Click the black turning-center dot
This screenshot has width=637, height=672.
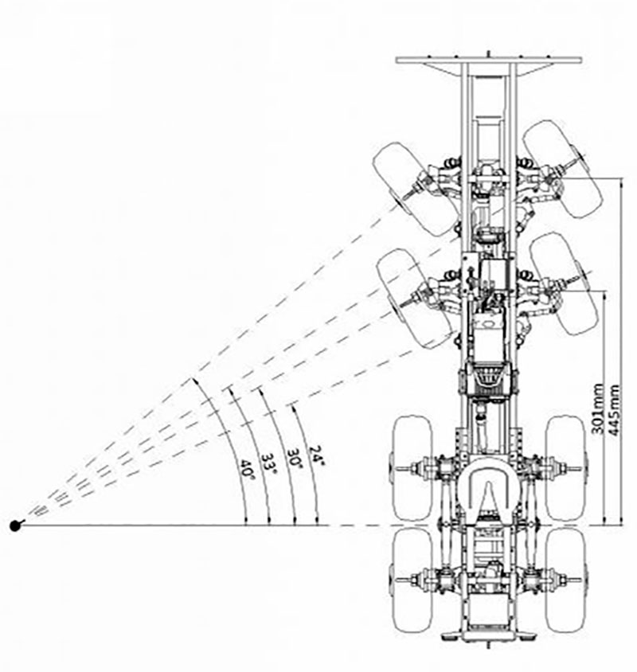pyautogui.click(x=15, y=525)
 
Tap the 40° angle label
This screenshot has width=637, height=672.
pyautogui.click(x=247, y=470)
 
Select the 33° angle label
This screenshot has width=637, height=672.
pyautogui.click(x=269, y=463)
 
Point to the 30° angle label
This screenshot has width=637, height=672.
pyautogui.click(x=295, y=459)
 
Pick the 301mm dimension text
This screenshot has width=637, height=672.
pyautogui.click(x=599, y=409)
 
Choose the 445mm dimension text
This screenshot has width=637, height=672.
pyautogui.click(x=613, y=410)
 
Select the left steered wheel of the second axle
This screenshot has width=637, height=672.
pyautogui.click(x=414, y=298)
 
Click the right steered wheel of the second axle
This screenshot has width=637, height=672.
pyautogui.click(x=564, y=283)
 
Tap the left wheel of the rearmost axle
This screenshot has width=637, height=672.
pyautogui.click(x=413, y=580)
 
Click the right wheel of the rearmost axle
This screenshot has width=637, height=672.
pyautogui.click(x=565, y=580)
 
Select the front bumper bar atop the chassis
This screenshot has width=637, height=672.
pyautogui.click(x=489, y=60)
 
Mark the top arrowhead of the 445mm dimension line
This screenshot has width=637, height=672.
pyautogui.click(x=622, y=182)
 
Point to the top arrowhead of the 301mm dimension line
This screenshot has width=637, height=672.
pyautogui.click(x=604, y=295)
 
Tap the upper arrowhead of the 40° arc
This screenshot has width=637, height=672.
pyautogui.click(x=195, y=381)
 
